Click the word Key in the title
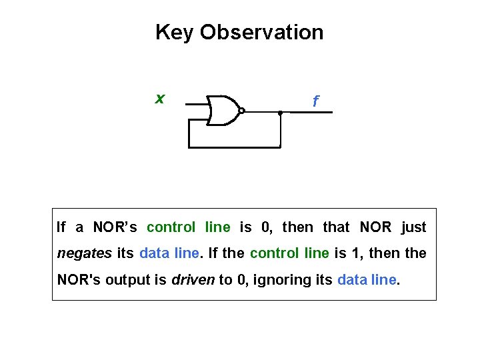pyautogui.click(x=175, y=32)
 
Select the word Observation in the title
pyautogui.click(x=261, y=32)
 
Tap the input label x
pyautogui.click(x=159, y=99)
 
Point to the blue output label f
pyautogui.click(x=315, y=102)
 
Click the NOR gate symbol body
pyautogui.click(x=222, y=111)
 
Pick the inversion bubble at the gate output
pyautogui.click(x=242, y=111)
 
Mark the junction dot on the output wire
pyautogui.click(x=281, y=113)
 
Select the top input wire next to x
pyautogui.click(x=195, y=105)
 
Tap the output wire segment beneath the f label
pyautogui.click(x=311, y=113)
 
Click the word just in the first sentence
pyautogui.click(x=413, y=227)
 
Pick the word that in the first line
pyautogui.click(x=336, y=227)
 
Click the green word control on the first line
pyautogui.click(x=171, y=227)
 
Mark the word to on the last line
pyautogui.click(x=225, y=280)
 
